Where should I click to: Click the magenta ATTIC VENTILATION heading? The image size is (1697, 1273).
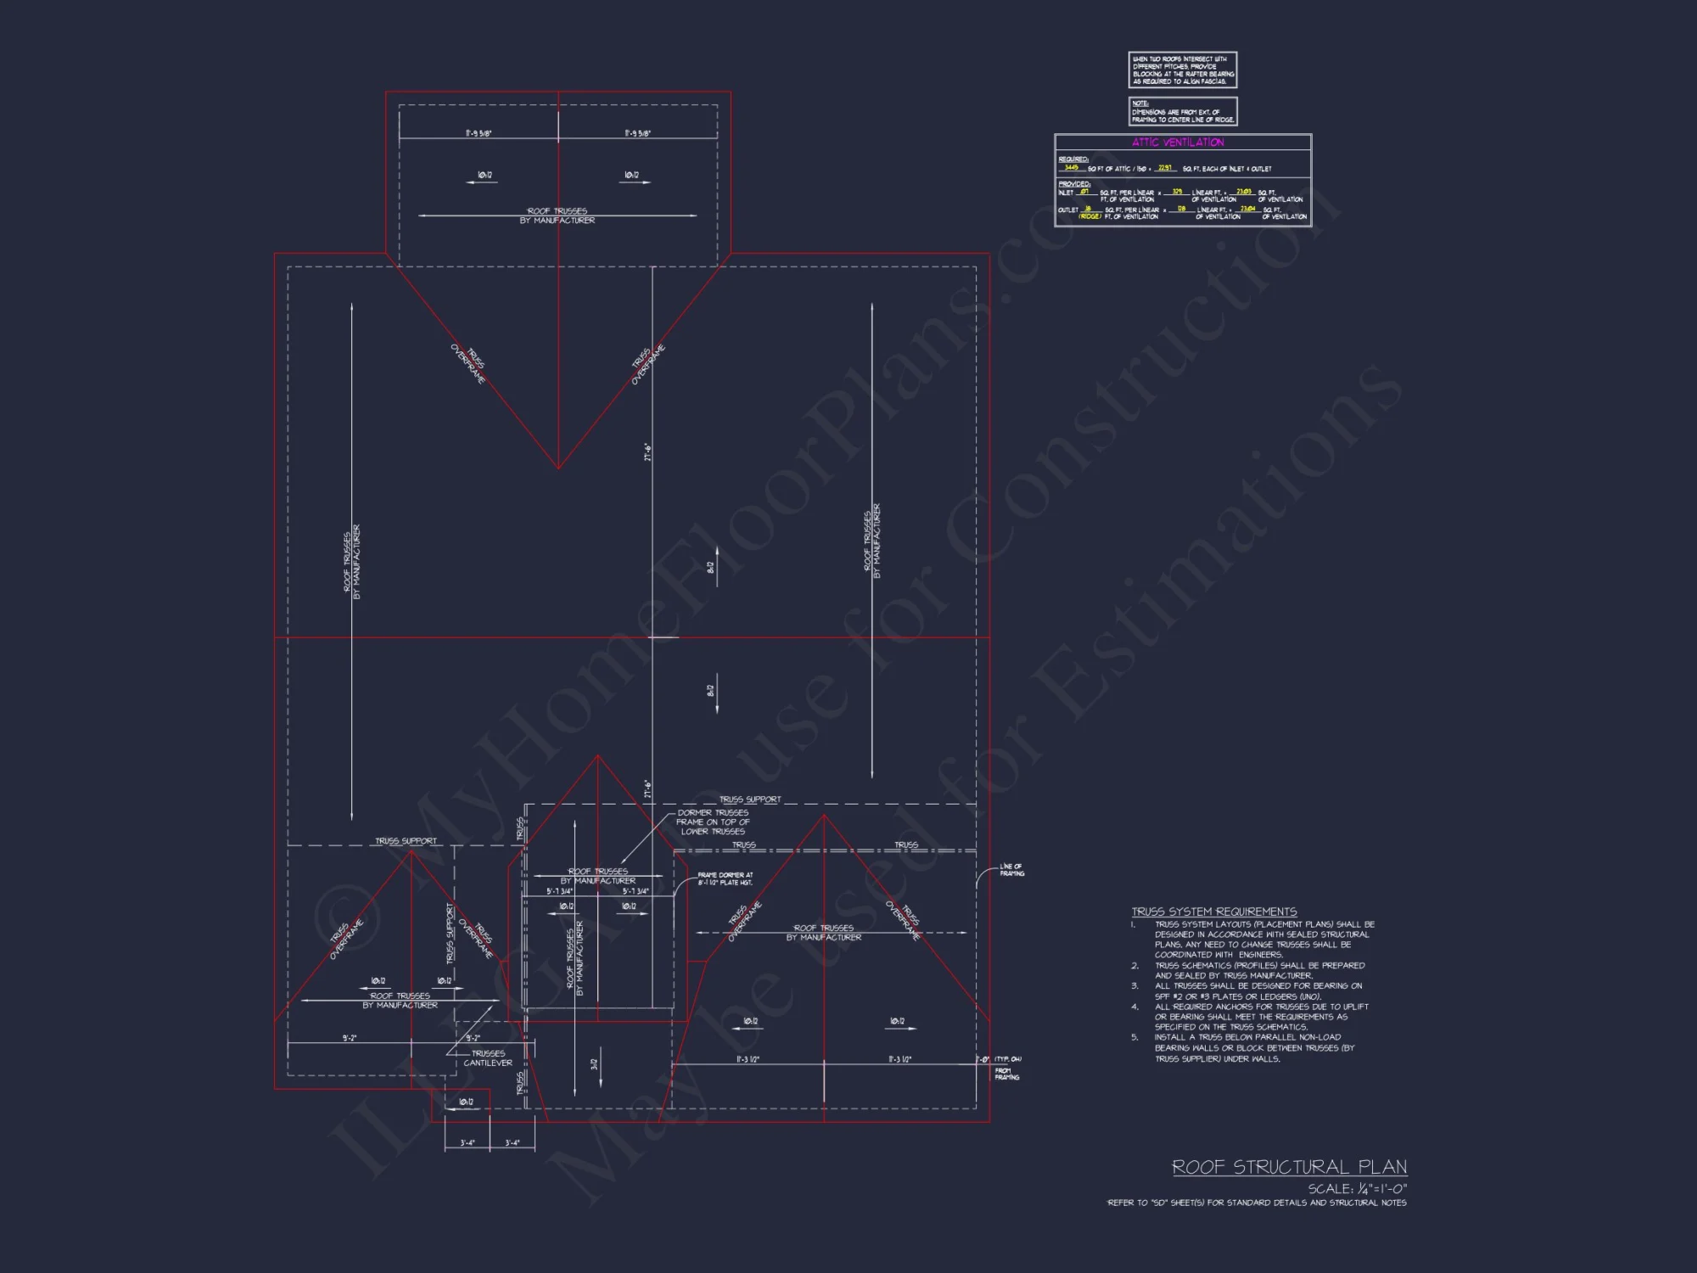1178,143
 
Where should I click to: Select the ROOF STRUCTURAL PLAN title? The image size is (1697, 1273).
1289,1167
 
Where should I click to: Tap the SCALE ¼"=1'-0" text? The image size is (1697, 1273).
1357,1189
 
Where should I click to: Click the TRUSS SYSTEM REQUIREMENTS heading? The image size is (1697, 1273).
1213,911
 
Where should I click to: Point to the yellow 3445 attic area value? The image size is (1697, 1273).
1072,167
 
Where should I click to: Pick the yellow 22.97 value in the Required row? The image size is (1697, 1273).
1165,168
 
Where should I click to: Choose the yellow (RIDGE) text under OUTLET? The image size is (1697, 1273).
1090,216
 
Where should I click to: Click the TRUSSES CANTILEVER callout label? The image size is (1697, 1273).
488,1058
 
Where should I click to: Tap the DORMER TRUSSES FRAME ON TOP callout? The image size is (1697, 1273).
713,822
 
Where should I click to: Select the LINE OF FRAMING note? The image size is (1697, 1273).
1011,870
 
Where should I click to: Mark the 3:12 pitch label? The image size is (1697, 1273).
594,1064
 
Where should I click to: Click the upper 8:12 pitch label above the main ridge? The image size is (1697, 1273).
711,567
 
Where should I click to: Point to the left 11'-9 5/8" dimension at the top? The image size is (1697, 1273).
479,133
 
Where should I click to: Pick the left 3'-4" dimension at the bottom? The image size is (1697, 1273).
468,1142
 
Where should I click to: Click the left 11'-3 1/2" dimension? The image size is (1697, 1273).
748,1059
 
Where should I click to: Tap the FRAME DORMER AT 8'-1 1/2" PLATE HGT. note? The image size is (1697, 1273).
725,878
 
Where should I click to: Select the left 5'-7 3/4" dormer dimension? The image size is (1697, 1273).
559,891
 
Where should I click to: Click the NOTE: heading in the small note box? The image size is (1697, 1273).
1140,104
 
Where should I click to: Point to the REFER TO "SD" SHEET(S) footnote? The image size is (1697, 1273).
1257,1203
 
